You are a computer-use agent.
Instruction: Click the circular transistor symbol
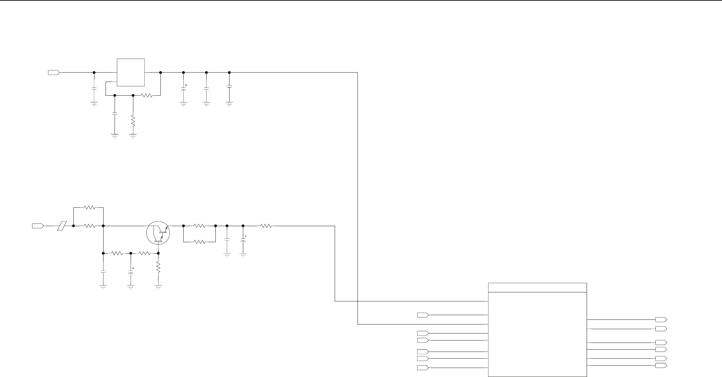click(x=158, y=233)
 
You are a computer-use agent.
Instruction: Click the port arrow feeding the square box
click(x=54, y=72)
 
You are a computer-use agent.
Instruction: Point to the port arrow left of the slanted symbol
click(x=38, y=226)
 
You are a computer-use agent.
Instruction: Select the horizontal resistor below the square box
click(x=147, y=95)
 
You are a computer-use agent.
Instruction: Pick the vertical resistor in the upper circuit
click(x=133, y=121)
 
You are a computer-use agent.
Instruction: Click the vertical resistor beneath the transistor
click(x=158, y=268)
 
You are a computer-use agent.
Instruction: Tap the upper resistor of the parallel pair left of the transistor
click(x=90, y=207)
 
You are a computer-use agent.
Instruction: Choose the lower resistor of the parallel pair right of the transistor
click(x=200, y=242)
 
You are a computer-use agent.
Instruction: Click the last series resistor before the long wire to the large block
click(x=266, y=226)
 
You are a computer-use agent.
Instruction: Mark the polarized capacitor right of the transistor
click(x=243, y=241)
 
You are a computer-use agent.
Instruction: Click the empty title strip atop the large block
click(x=537, y=287)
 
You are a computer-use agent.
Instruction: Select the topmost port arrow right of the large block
click(x=661, y=319)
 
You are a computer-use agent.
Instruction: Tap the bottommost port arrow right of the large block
click(x=661, y=365)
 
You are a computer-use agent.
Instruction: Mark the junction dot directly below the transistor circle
click(x=158, y=253)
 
